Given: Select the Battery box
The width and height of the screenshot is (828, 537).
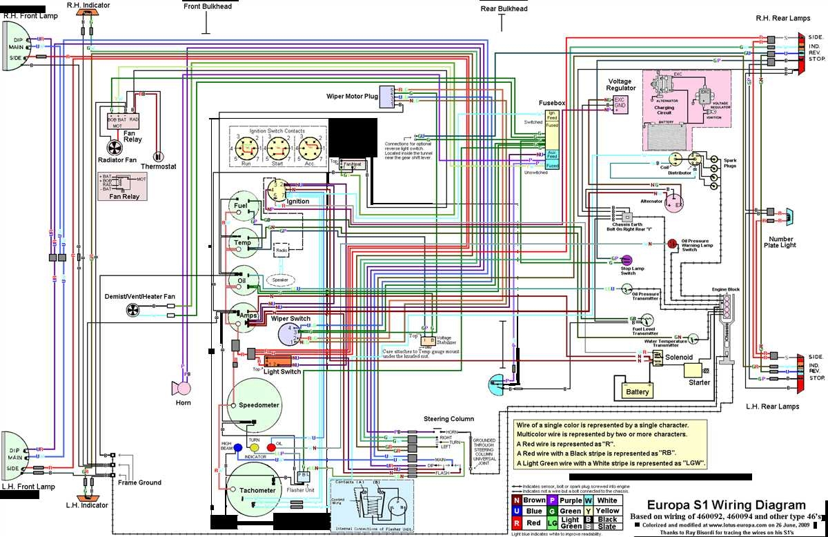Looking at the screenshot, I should click(636, 391).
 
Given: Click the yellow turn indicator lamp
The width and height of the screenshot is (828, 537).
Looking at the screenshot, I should click(254, 447).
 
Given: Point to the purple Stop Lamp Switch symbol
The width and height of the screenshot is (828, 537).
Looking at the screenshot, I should click(627, 260).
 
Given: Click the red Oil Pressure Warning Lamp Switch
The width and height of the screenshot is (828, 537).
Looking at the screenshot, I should click(671, 244).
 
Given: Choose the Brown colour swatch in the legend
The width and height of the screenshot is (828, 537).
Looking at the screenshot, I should click(517, 500).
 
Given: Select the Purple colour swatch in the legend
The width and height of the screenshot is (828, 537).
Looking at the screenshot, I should click(552, 500).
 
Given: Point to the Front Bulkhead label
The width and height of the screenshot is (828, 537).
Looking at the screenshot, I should click(208, 6).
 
